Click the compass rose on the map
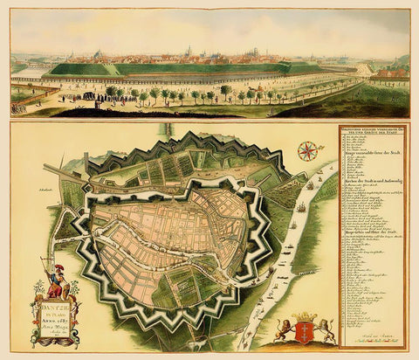[307, 150]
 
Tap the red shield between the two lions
[304, 330]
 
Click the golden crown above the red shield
[304, 315]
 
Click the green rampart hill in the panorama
[175, 68]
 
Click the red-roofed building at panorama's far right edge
[397, 75]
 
